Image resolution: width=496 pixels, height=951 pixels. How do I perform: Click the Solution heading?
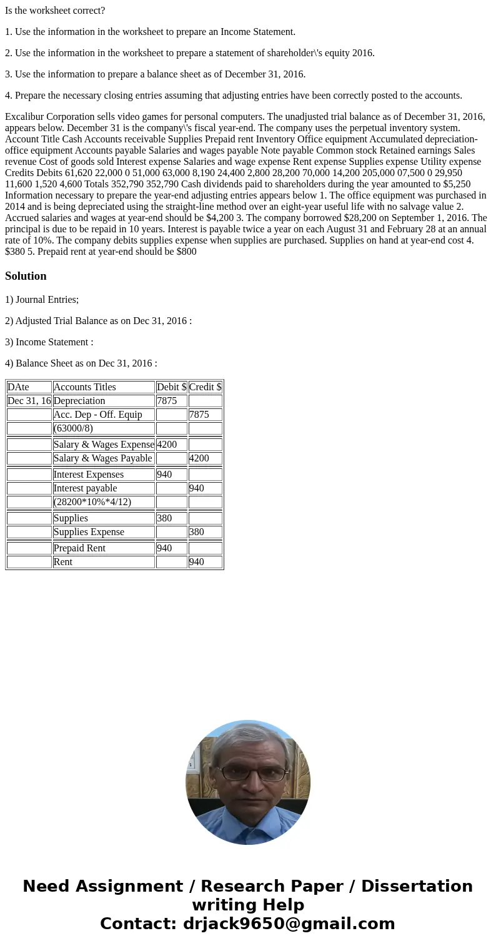click(x=26, y=276)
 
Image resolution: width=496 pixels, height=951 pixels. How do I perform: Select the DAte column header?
click(x=18, y=387)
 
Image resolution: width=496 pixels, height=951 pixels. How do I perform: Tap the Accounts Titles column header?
click(x=84, y=387)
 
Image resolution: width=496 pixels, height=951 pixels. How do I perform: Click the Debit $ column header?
click(x=171, y=387)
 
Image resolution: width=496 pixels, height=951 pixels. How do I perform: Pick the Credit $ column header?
click(x=205, y=387)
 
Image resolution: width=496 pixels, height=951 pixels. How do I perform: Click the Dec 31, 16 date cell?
click(x=29, y=401)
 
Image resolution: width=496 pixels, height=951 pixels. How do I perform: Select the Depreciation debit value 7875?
click(x=167, y=401)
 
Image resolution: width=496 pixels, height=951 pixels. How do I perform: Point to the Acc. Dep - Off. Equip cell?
click(x=97, y=415)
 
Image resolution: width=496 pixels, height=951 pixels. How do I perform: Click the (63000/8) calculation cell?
click(x=73, y=428)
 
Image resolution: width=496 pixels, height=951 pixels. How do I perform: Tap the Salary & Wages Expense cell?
click(x=104, y=445)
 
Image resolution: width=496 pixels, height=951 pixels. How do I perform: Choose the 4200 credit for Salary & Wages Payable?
click(x=200, y=458)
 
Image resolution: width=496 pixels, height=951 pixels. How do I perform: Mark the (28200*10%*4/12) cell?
click(x=92, y=502)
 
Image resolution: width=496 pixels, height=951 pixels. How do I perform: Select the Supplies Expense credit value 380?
click(x=197, y=532)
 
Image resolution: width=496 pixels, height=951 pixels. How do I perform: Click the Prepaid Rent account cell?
click(x=79, y=548)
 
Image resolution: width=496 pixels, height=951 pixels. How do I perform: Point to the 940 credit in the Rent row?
click(x=197, y=562)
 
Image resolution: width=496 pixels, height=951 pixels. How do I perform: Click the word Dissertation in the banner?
click(x=417, y=886)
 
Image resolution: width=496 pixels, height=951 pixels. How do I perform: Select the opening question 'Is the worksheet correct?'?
click(x=55, y=11)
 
